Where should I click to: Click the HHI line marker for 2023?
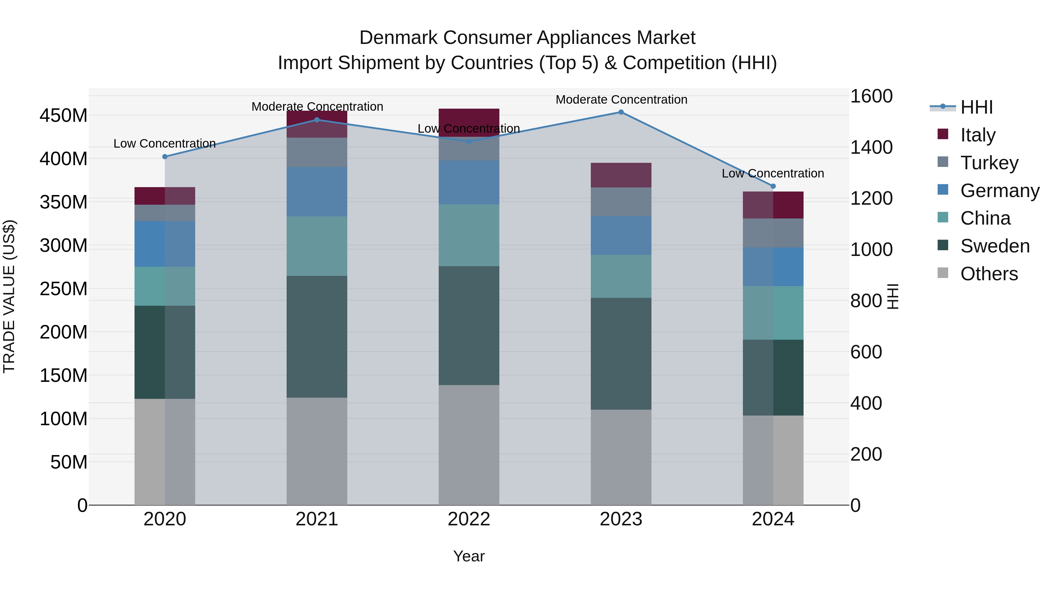(x=621, y=112)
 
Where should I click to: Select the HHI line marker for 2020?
(x=165, y=157)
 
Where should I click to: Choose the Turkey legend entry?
(x=989, y=163)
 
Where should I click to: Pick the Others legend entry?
(x=989, y=274)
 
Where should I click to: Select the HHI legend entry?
(x=976, y=107)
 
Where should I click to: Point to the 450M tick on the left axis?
(x=64, y=115)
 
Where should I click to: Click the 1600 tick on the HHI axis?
(x=871, y=96)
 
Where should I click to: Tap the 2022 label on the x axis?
(x=469, y=519)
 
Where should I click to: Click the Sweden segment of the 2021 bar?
(x=316, y=336)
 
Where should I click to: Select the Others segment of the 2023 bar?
(x=621, y=457)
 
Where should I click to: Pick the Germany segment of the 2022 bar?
(x=469, y=182)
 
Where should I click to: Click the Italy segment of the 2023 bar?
(x=621, y=175)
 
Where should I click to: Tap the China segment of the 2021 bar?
(x=316, y=246)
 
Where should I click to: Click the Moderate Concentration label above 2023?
(x=621, y=100)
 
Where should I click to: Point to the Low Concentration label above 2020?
(x=165, y=144)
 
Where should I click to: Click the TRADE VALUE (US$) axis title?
(x=9, y=296)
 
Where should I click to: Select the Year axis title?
(x=469, y=556)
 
